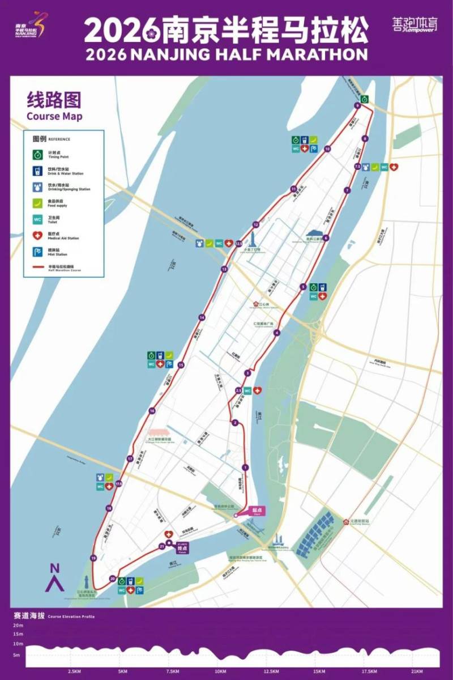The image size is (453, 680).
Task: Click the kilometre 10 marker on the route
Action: pyautogui.click(x=327, y=149)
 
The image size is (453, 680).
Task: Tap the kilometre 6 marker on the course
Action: pyautogui.click(x=326, y=238)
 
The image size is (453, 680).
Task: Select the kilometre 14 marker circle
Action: pyautogui.click(x=201, y=317)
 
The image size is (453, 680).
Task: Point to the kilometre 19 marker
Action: pyautogui.click(x=93, y=559)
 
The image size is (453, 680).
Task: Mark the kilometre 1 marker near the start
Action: pyautogui.click(x=245, y=467)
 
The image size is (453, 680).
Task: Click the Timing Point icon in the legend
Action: pyautogui.click(x=37, y=154)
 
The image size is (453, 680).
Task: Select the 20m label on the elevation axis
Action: pyautogui.click(x=19, y=625)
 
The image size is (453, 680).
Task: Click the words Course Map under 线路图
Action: pyautogui.click(x=54, y=117)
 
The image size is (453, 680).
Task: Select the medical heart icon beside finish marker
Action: pyautogui.click(x=168, y=534)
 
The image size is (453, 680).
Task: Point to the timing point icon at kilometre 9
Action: pyautogui.click(x=365, y=99)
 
